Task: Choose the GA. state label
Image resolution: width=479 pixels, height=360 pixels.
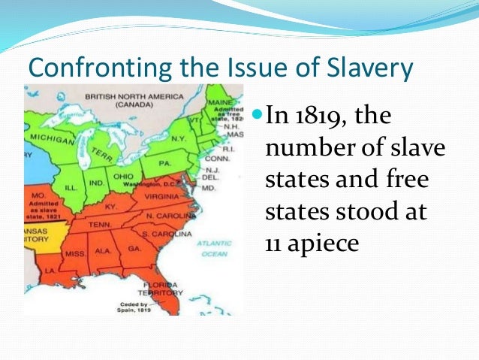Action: [x=135, y=248]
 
